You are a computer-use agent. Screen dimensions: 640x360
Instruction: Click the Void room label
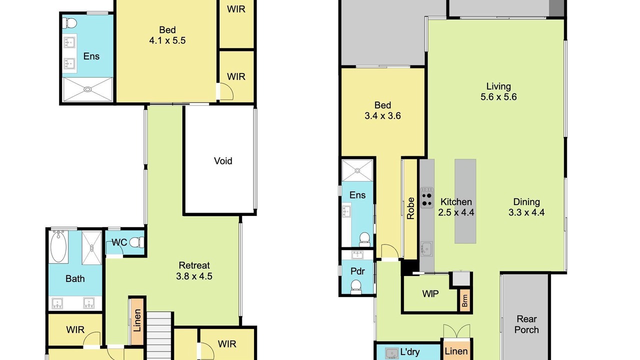[x=223, y=161]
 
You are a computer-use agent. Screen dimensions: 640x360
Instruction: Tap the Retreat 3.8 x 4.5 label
[x=194, y=270]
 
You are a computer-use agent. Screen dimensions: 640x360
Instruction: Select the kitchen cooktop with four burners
[x=426, y=197]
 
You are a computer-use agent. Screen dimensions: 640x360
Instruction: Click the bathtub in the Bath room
[x=58, y=246]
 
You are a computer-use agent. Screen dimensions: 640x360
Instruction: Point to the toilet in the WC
[x=136, y=242]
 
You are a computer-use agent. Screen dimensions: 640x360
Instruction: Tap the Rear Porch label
[x=526, y=324]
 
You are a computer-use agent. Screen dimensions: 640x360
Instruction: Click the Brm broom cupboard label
[x=465, y=300]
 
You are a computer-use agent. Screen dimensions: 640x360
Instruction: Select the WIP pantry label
[x=430, y=293]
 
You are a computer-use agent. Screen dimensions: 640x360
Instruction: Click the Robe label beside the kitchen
[x=410, y=208]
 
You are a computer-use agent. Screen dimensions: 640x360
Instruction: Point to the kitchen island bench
[x=465, y=201]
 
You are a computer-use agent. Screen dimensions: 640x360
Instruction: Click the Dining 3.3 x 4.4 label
[x=526, y=207]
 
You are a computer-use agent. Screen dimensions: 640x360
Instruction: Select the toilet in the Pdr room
[x=356, y=286]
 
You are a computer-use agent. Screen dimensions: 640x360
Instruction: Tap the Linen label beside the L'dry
[x=456, y=351]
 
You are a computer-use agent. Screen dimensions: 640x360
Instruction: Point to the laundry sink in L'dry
[x=391, y=353]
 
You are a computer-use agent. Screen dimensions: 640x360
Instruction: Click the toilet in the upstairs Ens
[x=69, y=22]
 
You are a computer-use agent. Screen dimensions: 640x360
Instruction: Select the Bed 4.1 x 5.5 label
[x=167, y=35]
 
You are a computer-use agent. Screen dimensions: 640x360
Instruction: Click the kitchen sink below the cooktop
[x=426, y=249]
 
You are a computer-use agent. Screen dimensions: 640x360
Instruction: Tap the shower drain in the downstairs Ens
[x=357, y=170]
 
